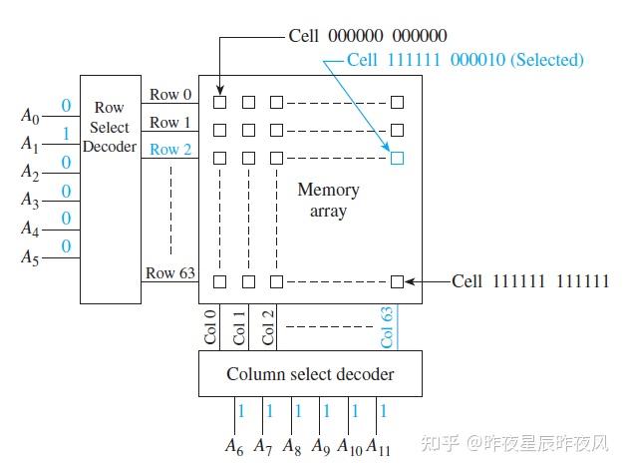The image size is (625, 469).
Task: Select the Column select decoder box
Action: coord(309,374)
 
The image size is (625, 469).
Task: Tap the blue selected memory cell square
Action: coord(397,158)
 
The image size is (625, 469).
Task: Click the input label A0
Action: coord(30,116)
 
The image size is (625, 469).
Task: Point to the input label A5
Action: coord(30,257)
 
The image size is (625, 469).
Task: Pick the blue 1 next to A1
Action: coord(66,133)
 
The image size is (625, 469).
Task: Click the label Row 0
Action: coord(164,95)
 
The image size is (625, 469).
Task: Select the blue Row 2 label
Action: coord(164,150)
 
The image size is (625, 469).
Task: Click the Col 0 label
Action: coord(211,327)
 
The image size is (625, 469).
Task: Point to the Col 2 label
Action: coord(268,327)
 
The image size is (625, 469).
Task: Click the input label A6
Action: coord(235,445)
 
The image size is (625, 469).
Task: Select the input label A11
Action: coord(379,445)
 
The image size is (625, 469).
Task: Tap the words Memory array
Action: coord(328,200)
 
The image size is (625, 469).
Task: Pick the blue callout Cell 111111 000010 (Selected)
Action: coord(466,60)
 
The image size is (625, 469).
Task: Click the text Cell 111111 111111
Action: coord(529,281)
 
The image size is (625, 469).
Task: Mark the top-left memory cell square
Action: coord(220,102)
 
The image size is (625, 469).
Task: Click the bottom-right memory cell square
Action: coord(397,281)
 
